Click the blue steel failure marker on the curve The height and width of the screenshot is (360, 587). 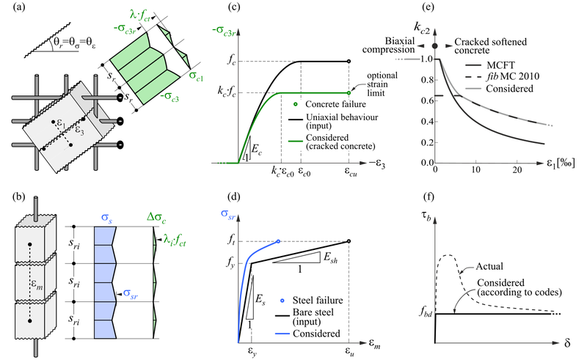pos(279,240)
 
